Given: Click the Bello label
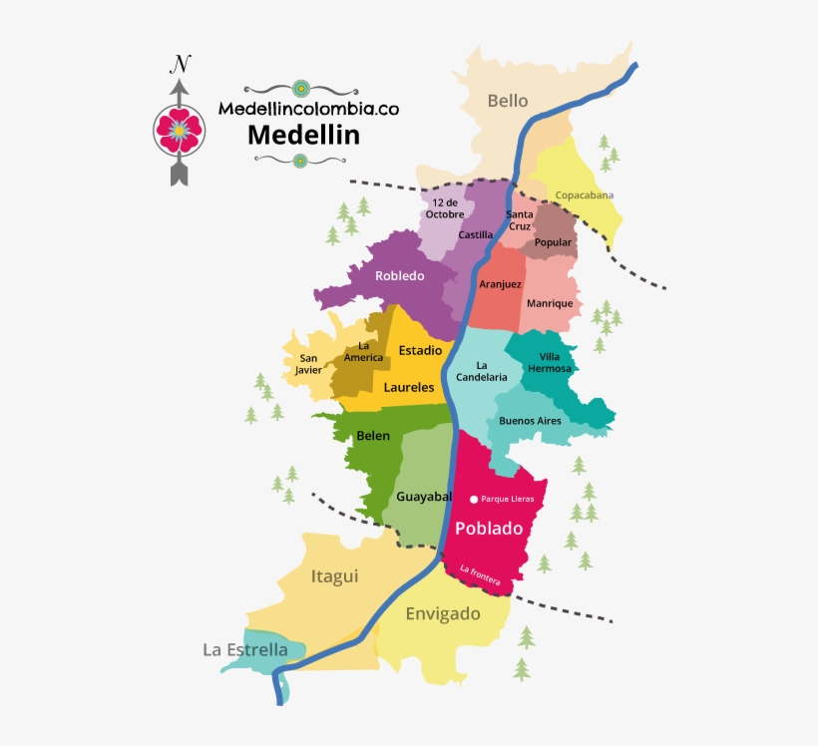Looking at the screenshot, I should pos(507,100).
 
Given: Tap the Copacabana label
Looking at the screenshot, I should pos(584,195).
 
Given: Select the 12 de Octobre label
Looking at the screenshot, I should pos(445,207).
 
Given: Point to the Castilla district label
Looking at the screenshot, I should pos(476,235).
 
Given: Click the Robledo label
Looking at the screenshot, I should pos(400,275).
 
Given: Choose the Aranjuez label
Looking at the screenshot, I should pos(500,284).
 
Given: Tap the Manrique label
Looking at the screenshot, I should pos(550,303).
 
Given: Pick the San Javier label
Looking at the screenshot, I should pos(308,364).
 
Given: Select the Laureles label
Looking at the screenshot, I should pos(409,387).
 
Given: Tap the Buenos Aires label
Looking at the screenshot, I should pos(530,421).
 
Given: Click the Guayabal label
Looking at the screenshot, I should pos(424,497).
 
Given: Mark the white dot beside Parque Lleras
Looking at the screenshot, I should pos(474,499).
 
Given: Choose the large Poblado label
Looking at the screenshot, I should pos(489,529).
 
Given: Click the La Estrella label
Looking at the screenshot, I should pos(245,650).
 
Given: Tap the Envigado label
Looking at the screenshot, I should pos(443,613).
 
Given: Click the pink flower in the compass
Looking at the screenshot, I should pos(179,128).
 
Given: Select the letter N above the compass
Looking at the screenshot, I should pos(180,66).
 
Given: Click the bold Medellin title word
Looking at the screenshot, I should pos(303,133).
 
